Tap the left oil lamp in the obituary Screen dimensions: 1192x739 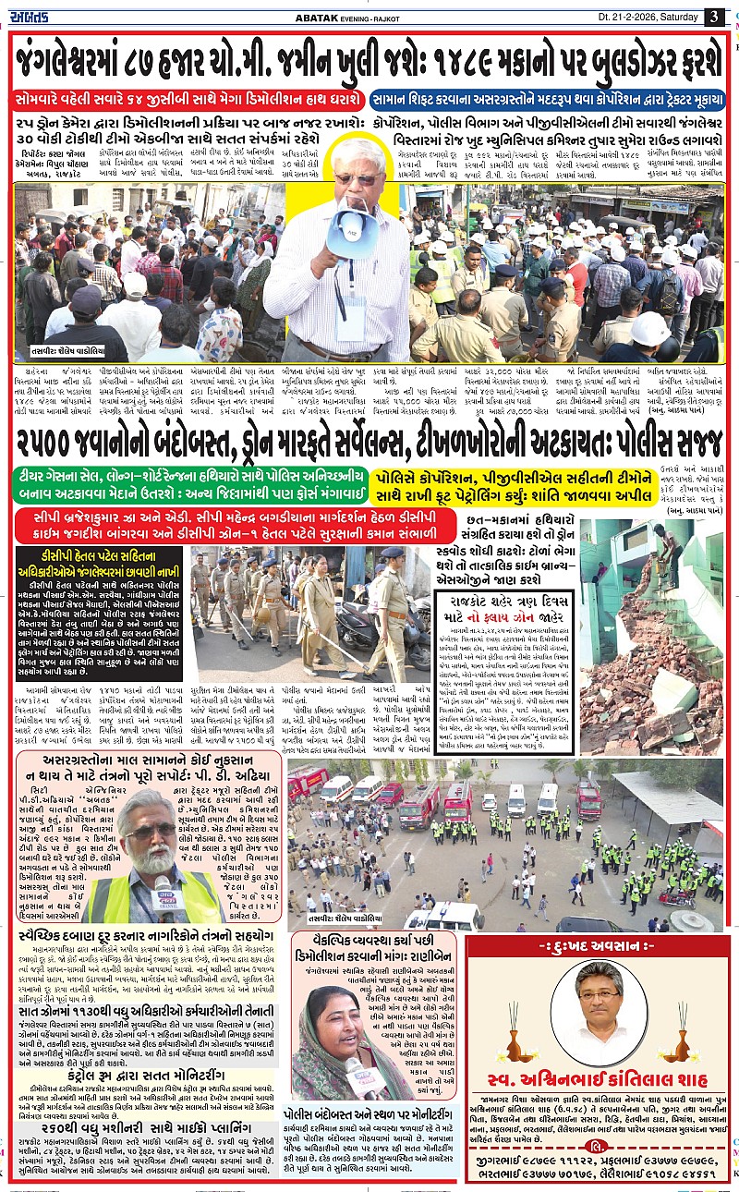click(x=515, y=1046)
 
